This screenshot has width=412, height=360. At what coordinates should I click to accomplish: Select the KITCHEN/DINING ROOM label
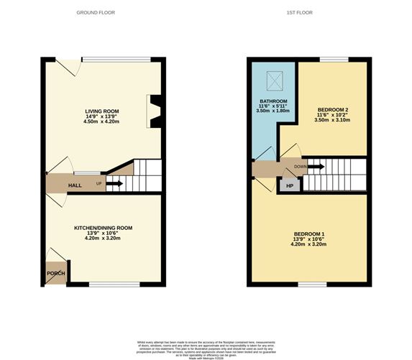104,228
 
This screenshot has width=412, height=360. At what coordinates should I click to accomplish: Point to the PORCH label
55,274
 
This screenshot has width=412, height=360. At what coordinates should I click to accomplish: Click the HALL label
75,185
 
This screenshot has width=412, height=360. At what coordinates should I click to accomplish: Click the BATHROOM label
273,101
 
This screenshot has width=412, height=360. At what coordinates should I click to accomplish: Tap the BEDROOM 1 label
309,234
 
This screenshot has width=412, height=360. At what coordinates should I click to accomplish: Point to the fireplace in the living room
153,109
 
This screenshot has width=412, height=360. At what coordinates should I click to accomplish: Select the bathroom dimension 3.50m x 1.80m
273,111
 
